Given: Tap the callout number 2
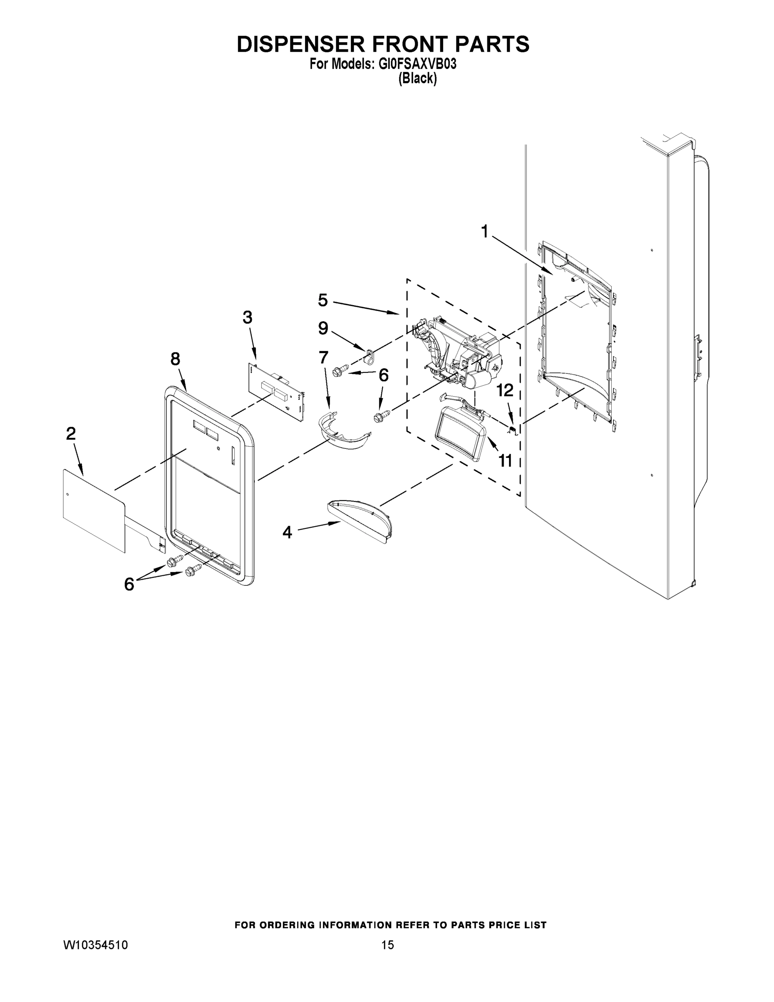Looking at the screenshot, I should click(x=71, y=433).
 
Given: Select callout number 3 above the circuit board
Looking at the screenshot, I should click(x=247, y=317).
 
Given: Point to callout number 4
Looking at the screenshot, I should click(x=287, y=532).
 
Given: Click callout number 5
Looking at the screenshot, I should click(x=323, y=301).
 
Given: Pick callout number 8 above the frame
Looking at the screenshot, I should click(x=175, y=359).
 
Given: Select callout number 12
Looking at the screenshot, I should click(x=505, y=391).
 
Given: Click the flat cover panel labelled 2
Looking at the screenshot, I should click(x=93, y=510).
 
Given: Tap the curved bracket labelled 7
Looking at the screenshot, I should click(x=344, y=433).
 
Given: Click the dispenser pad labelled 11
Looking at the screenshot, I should click(x=460, y=429).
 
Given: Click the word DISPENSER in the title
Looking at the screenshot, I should click(x=300, y=45).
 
